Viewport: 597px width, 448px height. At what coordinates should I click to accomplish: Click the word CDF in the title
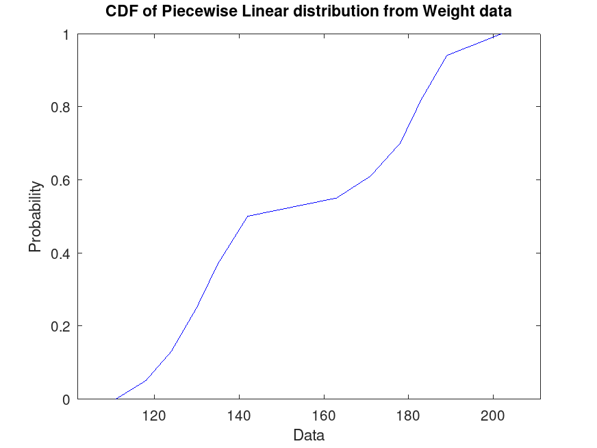click(x=120, y=12)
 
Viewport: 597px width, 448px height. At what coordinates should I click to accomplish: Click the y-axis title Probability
click(x=35, y=216)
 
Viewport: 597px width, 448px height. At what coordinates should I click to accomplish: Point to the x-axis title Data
click(x=308, y=435)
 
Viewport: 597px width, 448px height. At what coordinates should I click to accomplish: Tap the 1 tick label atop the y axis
click(x=66, y=34)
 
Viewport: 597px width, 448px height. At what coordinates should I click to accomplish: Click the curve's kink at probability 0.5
click(x=247, y=216)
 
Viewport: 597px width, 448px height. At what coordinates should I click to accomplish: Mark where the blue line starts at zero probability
click(x=116, y=399)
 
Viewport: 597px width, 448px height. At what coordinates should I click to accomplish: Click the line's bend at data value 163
click(x=336, y=198)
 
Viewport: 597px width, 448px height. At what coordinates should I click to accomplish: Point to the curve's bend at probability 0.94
click(x=446, y=55)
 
